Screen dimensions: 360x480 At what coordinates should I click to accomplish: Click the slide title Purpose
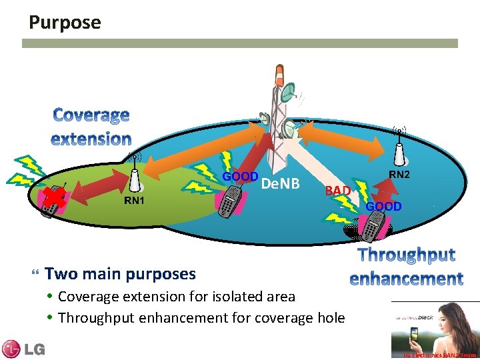click(x=65, y=23)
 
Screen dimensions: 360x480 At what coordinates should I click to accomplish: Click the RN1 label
click(x=136, y=201)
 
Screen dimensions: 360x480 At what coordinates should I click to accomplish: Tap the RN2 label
click(x=399, y=175)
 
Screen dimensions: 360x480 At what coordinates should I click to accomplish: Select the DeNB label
click(x=280, y=183)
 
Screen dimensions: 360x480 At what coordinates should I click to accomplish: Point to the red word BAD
click(x=338, y=191)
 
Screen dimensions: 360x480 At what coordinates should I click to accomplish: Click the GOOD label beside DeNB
click(x=240, y=177)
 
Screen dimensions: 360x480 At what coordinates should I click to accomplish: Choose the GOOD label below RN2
click(x=383, y=207)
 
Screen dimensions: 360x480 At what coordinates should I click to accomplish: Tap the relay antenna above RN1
click(x=135, y=175)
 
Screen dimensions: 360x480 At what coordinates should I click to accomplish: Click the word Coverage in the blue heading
click(x=91, y=115)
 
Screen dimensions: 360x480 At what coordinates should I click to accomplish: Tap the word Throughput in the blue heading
click(x=407, y=255)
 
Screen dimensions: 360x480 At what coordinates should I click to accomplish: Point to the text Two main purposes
click(x=120, y=273)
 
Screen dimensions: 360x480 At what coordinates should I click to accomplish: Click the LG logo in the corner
click(x=23, y=349)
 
